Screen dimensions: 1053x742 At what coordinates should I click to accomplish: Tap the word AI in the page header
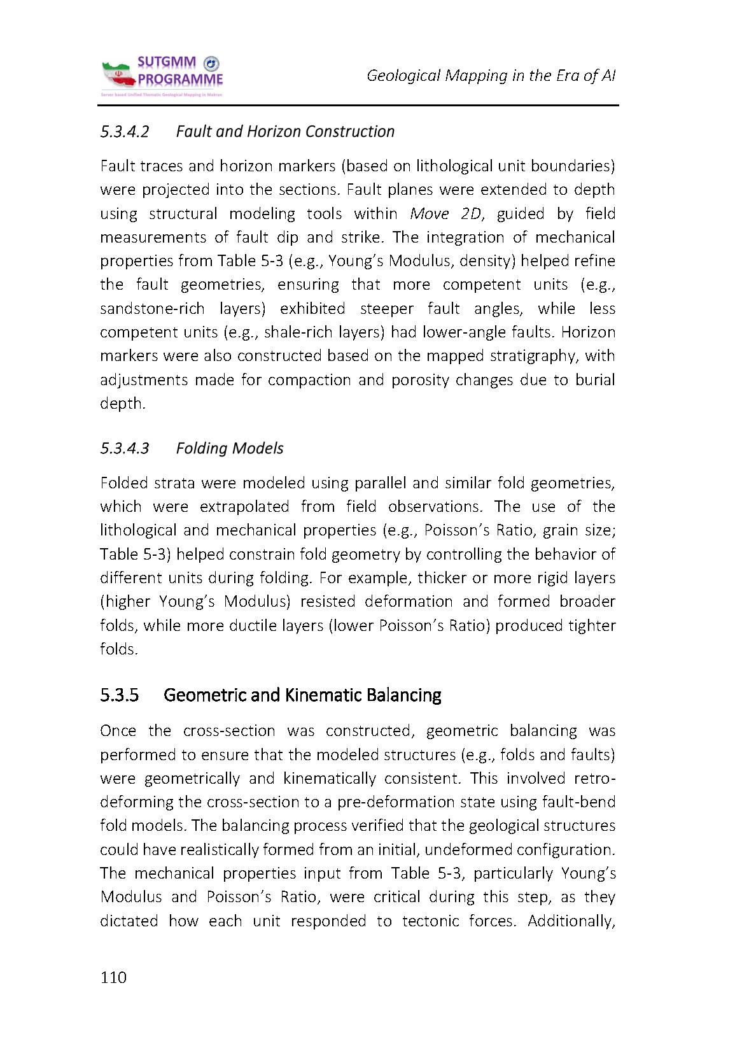coord(608,76)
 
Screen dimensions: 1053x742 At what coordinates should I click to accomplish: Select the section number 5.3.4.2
coord(125,132)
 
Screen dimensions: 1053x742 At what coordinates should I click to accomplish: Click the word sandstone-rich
coord(152,309)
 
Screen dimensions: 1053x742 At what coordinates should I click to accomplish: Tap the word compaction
coord(303,380)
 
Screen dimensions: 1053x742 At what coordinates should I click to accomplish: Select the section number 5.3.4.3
coord(125,448)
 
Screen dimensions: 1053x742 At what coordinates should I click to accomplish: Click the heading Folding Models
coord(230,448)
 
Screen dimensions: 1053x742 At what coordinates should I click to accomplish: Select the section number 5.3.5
coord(120,695)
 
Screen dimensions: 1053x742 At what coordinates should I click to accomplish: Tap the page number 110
coord(114,977)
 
